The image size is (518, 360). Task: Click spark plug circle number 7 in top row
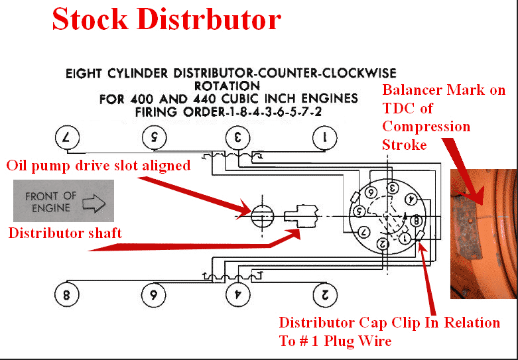tap(66, 139)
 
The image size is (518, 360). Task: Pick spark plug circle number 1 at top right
tap(324, 139)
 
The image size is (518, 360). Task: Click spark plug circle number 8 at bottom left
tap(66, 294)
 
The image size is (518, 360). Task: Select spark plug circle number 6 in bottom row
tap(153, 294)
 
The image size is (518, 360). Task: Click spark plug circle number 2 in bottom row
tap(324, 294)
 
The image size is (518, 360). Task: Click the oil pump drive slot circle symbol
tap(262, 215)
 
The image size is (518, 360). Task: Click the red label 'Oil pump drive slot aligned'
tap(98, 165)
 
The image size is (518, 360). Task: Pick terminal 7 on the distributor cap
tap(363, 232)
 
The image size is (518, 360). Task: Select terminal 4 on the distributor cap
tap(411, 198)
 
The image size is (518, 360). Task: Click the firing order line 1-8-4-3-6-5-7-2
tap(229, 112)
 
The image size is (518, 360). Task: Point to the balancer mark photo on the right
tap(483, 233)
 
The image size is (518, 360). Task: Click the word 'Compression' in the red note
tap(426, 126)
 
